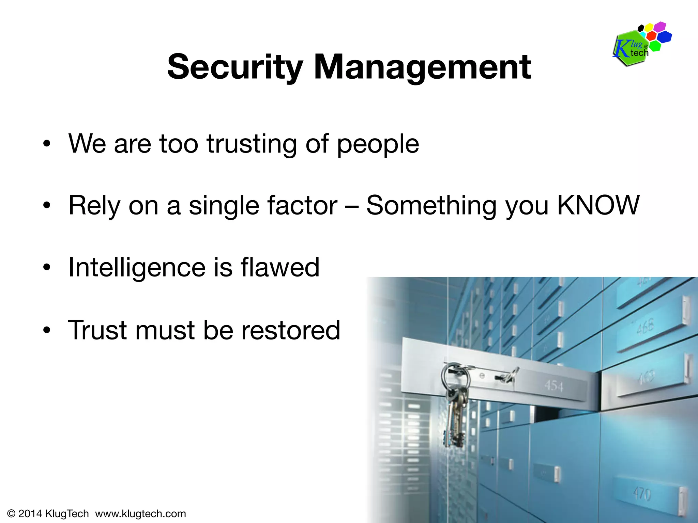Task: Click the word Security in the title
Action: coord(235,67)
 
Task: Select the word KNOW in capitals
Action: coord(598,205)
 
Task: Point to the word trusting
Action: coord(252,144)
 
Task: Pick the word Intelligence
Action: coord(137,268)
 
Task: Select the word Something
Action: coord(431,206)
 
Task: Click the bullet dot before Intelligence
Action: coord(47,268)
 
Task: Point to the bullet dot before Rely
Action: coord(47,206)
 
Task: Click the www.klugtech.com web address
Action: coord(140,513)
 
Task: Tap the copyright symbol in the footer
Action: coord(11,513)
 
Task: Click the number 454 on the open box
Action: coord(553,386)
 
